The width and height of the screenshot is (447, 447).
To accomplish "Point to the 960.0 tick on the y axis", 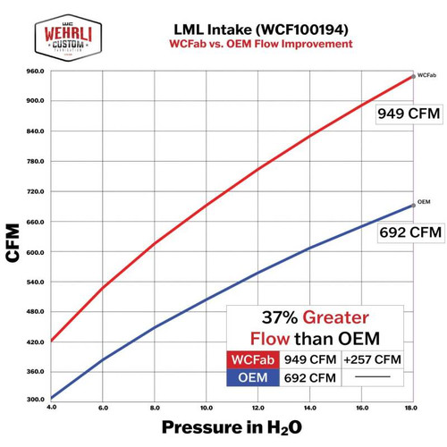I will pyautogui.click(x=35, y=72).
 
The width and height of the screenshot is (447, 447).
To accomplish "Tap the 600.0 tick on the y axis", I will pyautogui.click(x=35, y=252).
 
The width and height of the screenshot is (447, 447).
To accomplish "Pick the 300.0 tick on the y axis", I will pyautogui.click(x=35, y=399).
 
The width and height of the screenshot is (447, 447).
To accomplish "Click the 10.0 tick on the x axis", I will pyautogui.click(x=207, y=408).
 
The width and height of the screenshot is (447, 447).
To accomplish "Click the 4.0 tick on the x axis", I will pyautogui.click(x=52, y=408).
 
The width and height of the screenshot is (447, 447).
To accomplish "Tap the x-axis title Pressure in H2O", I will pyautogui.click(x=230, y=427).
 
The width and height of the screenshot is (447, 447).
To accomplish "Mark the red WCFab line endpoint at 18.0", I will pyautogui.click(x=412, y=76).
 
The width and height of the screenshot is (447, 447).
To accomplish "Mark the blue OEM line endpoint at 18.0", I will pyautogui.click(x=412, y=205).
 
